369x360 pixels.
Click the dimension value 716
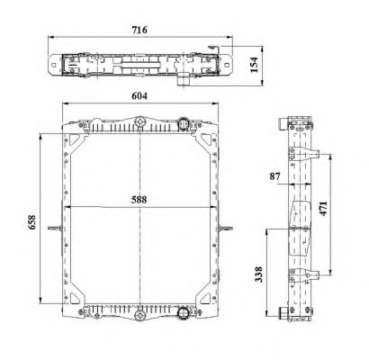click(139, 30)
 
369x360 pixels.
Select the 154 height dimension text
click(254, 65)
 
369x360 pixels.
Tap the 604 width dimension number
click(139, 96)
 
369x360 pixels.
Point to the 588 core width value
click(139, 200)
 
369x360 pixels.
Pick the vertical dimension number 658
click(31, 222)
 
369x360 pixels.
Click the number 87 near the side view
click(274, 176)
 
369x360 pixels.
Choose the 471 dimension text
click(323, 208)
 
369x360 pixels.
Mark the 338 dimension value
click(258, 274)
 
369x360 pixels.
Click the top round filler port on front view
click(183, 123)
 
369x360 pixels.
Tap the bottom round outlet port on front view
click(183, 313)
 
